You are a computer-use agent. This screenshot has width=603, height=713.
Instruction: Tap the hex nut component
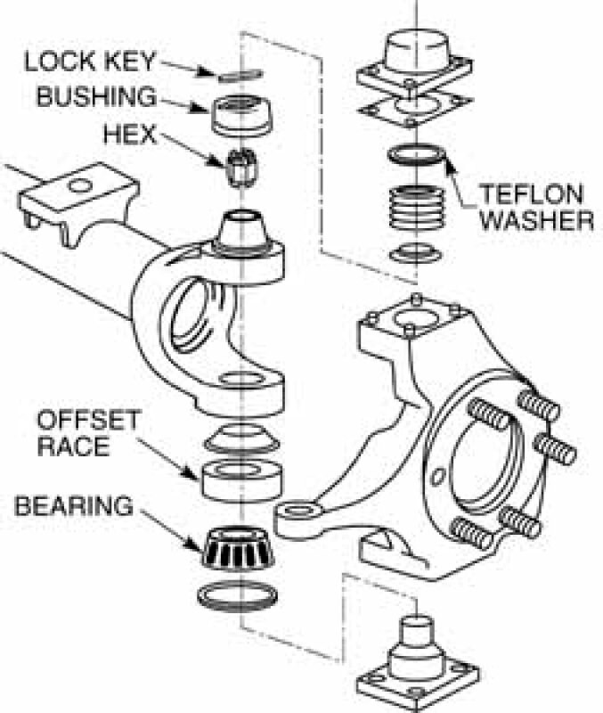[x=239, y=166]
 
